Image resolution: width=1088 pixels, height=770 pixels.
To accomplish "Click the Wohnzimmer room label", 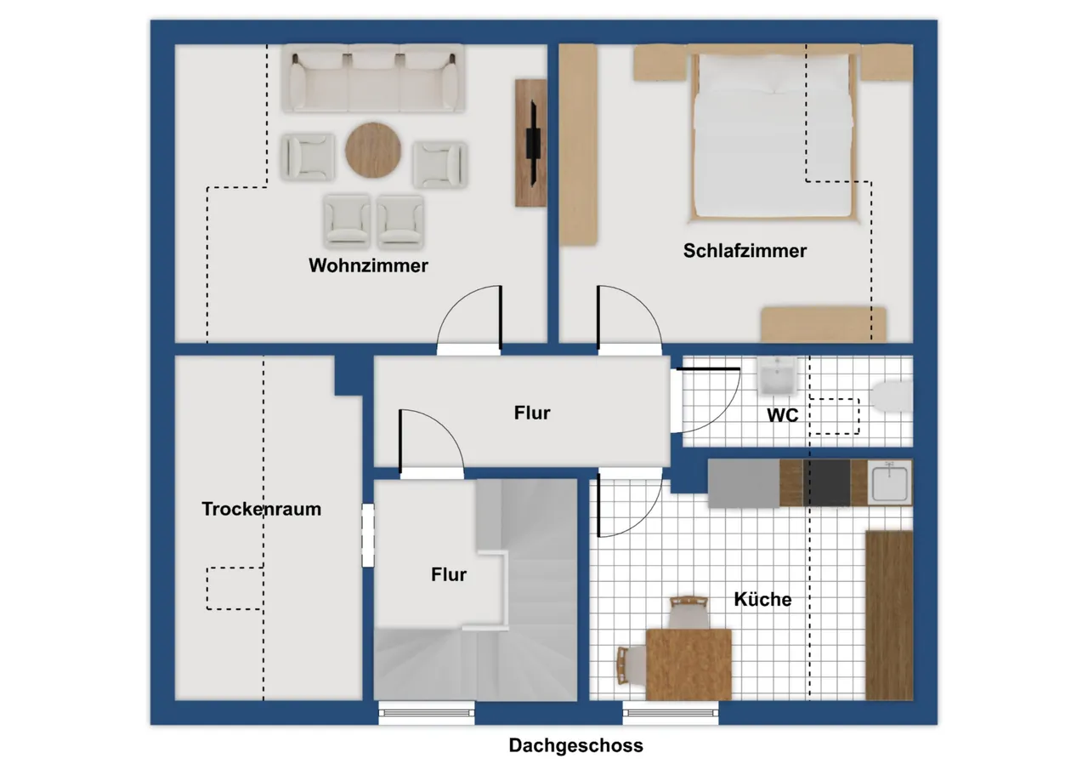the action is (368, 266).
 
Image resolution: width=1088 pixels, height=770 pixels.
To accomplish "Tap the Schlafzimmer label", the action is (745, 251).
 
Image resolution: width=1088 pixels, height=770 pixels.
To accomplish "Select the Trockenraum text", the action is (261, 509).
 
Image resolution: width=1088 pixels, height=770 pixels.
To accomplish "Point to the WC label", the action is (783, 415).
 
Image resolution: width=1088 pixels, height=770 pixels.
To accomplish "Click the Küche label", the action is (762, 599).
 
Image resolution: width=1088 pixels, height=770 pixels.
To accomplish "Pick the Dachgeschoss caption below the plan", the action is (576, 745).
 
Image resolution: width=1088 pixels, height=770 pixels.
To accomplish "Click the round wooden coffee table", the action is (373, 150).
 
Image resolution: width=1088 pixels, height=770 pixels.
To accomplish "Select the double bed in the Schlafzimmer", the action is (773, 134).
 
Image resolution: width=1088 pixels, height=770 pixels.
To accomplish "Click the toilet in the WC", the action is (892, 396).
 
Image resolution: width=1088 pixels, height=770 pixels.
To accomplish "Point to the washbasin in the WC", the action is (777, 376).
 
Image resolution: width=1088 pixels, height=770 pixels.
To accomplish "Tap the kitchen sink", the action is (889, 483).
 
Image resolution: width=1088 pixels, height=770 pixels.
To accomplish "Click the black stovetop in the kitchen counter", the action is (826, 482).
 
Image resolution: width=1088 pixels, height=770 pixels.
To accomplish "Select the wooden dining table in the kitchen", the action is (688, 664).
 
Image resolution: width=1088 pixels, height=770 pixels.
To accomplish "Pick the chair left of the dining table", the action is (631, 665).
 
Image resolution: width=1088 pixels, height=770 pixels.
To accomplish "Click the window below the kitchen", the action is (671, 713).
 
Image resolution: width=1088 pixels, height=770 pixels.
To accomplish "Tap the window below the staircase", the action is (427, 713).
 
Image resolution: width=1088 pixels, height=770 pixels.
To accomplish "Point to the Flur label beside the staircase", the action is (448, 574).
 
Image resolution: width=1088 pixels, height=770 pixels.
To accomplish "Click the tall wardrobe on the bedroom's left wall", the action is (578, 145).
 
